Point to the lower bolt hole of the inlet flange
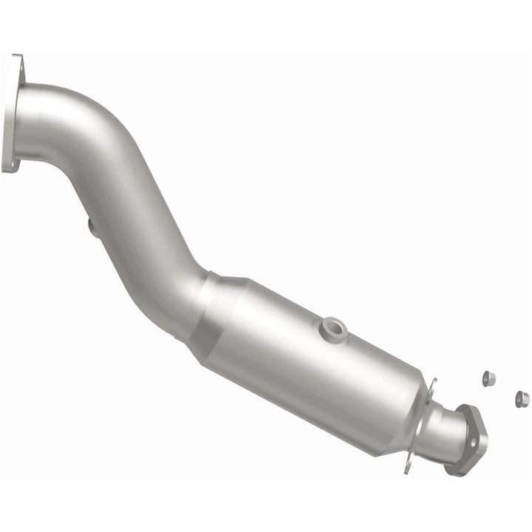(10, 164)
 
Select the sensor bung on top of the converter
(332, 327)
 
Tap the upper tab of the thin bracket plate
(432, 385)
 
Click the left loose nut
(488, 378)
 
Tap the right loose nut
(522, 399)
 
